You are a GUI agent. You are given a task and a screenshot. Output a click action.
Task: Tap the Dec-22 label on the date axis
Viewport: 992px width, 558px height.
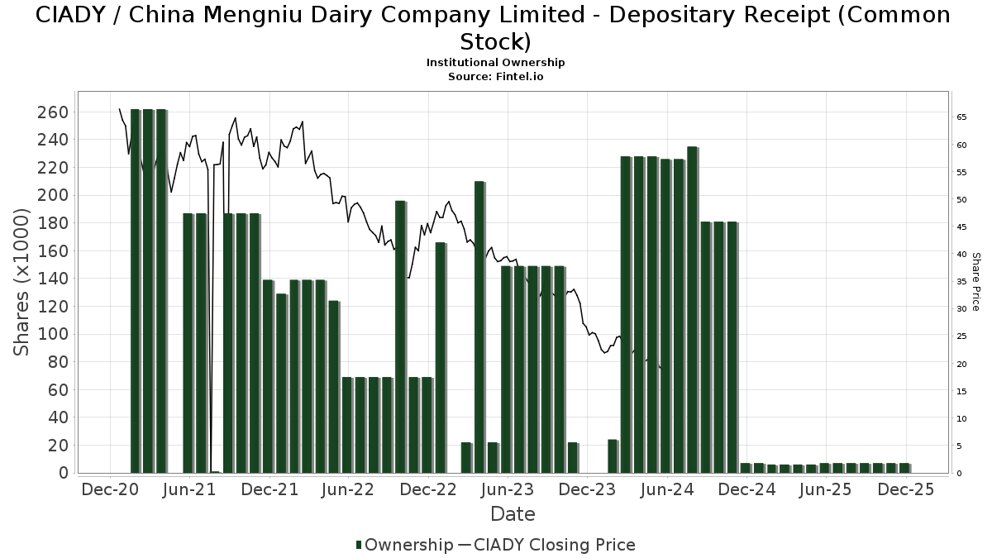coord(427,490)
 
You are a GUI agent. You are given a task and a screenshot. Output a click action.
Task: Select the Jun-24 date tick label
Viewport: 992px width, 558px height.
coord(665,490)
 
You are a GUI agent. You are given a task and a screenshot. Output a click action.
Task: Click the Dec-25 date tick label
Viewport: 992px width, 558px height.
coord(905,490)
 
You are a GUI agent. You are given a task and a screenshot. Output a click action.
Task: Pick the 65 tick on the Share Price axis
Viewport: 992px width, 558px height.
coord(961,118)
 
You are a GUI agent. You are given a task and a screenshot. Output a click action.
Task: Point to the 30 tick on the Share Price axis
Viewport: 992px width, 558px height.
coord(961,309)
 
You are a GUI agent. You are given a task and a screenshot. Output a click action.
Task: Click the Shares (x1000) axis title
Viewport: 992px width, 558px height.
coord(22,282)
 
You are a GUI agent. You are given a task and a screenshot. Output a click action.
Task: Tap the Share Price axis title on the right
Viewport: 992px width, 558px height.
coord(976,282)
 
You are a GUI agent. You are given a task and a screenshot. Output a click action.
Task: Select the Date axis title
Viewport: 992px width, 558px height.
coord(513,514)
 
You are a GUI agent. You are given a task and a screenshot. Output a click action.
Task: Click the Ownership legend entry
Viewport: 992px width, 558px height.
coord(404,545)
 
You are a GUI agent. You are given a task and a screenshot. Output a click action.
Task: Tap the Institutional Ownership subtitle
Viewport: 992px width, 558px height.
coord(495,63)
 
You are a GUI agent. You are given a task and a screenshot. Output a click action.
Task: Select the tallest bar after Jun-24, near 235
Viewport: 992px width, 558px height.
coord(692,310)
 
